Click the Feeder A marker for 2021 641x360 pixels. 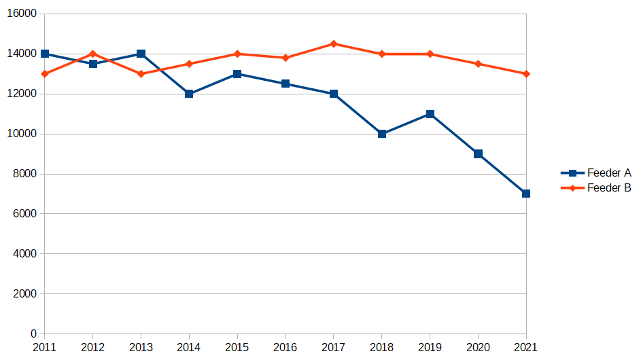click(526, 194)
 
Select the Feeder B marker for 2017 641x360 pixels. click(334, 43)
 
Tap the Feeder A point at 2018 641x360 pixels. click(382, 134)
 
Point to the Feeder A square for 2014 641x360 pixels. click(189, 94)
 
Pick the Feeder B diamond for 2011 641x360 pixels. click(45, 74)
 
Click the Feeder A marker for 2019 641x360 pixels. click(430, 114)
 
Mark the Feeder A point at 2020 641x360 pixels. click(478, 154)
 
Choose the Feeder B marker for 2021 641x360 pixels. click(526, 74)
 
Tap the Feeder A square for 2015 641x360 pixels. click(237, 74)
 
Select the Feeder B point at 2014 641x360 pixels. click(189, 64)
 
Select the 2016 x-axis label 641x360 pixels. click(285, 347)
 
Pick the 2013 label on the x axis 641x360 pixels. click(141, 347)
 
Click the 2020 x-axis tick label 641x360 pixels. click(478, 347)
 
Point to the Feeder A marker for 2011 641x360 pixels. click(45, 54)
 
